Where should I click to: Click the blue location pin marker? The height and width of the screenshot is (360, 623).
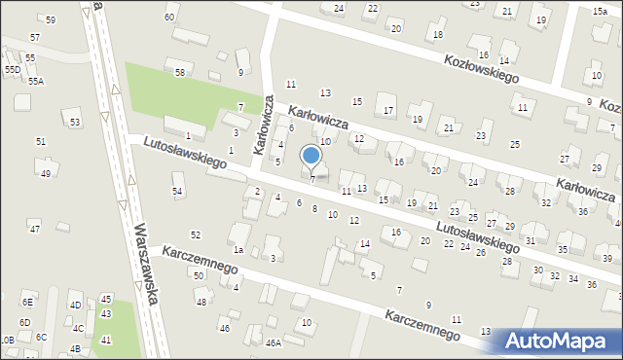311,156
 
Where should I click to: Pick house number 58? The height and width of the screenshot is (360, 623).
180,73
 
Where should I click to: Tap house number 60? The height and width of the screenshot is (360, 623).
170,18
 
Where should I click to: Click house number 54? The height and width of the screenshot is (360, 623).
177,191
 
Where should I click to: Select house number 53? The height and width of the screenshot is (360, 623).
75,123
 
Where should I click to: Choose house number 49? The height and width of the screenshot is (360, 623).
46,174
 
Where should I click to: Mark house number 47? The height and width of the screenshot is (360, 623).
34,229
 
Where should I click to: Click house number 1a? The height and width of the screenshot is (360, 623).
238,250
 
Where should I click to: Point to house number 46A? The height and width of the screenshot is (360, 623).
274,342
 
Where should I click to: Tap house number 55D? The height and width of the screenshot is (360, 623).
12,70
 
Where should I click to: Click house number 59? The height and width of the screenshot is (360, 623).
50,19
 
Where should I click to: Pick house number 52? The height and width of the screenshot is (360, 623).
196,234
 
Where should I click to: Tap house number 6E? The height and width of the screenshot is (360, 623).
28,304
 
